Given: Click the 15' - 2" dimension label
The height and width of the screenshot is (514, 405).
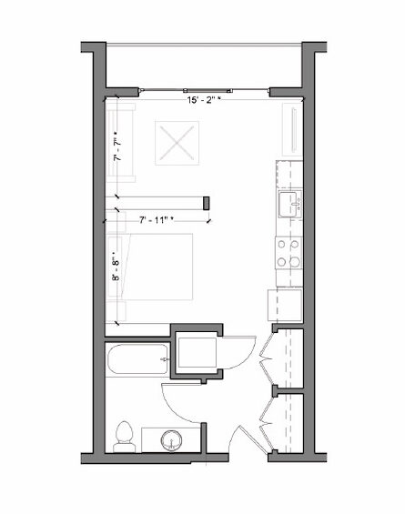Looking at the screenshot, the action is (x=203, y=100).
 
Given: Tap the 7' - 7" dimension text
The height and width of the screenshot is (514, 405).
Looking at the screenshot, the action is (x=117, y=149).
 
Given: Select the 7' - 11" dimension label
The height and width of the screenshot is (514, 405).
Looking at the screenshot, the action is (x=157, y=220).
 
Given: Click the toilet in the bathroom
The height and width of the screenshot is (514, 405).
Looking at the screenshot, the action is (x=125, y=437).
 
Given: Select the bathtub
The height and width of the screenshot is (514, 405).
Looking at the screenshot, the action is (x=137, y=359).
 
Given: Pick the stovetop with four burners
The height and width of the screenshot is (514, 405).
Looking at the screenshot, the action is (x=289, y=253).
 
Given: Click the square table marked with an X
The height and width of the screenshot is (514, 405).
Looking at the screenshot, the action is (x=177, y=143).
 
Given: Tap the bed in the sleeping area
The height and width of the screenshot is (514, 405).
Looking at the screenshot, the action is (x=150, y=267).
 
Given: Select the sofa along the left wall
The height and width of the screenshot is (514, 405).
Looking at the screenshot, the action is (x=120, y=143).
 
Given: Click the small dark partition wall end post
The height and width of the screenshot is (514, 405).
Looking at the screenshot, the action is (x=207, y=203).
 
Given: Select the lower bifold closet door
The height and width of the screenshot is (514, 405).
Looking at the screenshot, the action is (x=267, y=423).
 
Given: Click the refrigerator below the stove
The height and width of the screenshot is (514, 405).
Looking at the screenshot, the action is (x=285, y=305).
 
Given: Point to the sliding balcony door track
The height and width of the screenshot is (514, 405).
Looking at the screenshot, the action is (x=204, y=89).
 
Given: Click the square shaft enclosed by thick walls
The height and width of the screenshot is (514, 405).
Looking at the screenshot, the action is (x=197, y=351).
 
